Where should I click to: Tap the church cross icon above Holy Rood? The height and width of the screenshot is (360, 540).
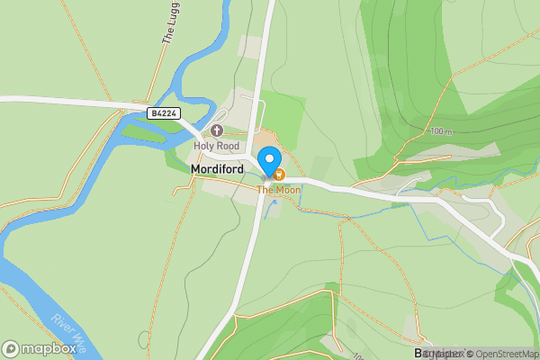point(217,131)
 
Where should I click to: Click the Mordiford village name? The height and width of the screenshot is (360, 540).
point(217,168)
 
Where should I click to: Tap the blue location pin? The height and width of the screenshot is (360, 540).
point(268,162)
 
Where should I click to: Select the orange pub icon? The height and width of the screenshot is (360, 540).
point(279,174)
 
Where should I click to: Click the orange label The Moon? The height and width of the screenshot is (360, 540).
point(279,190)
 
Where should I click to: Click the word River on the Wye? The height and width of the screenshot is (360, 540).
point(59,321)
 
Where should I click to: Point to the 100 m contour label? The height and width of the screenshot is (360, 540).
point(440,131)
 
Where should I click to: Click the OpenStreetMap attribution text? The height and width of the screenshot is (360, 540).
point(508,354)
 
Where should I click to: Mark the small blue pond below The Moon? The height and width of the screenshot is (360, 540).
point(274,202)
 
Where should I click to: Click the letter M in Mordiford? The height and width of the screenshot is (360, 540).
point(195,168)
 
